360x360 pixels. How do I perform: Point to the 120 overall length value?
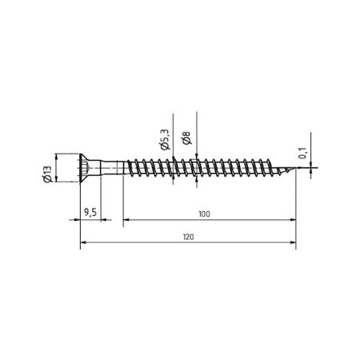click(x=189, y=238)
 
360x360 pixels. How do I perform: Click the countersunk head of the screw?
click(x=90, y=170)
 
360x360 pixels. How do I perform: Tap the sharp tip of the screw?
click(x=294, y=170)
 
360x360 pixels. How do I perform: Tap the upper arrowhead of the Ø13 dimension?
click(x=56, y=156)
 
